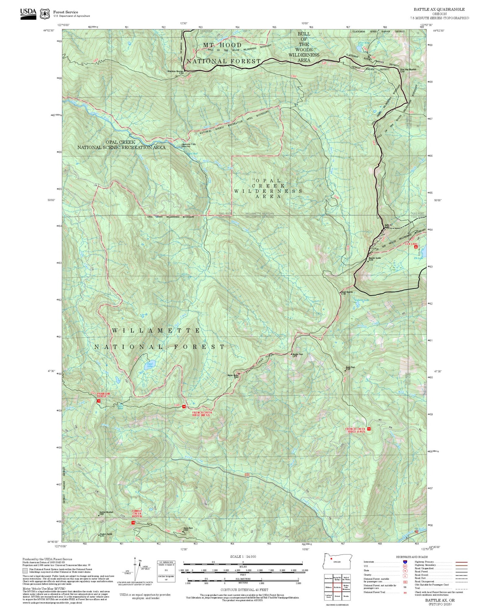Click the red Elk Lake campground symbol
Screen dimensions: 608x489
tap(416, 247)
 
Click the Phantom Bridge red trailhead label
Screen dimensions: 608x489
tap(103, 395)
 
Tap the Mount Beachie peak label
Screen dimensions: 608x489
tap(347, 292)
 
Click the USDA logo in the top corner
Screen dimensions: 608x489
tap(28, 13)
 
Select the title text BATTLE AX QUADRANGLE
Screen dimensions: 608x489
tap(439, 9)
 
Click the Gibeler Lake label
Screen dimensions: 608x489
tap(362, 300)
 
